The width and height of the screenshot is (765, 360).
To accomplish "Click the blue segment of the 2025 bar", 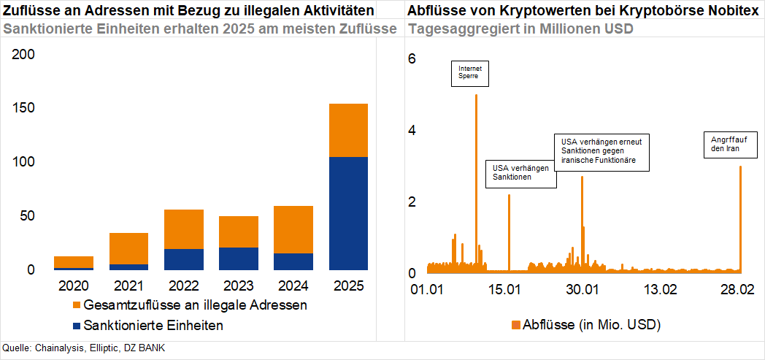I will click(348, 213).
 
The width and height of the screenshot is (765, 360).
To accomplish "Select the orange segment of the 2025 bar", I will click(348, 130).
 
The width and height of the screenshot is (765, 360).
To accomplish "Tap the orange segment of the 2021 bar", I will click(128, 248).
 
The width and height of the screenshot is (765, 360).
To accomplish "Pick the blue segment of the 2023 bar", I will click(238, 258).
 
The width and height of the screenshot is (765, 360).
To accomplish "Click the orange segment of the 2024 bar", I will click(293, 229).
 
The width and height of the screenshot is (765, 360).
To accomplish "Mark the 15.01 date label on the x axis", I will click(503, 288).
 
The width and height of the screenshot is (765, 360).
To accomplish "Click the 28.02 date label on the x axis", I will click(737, 288).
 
